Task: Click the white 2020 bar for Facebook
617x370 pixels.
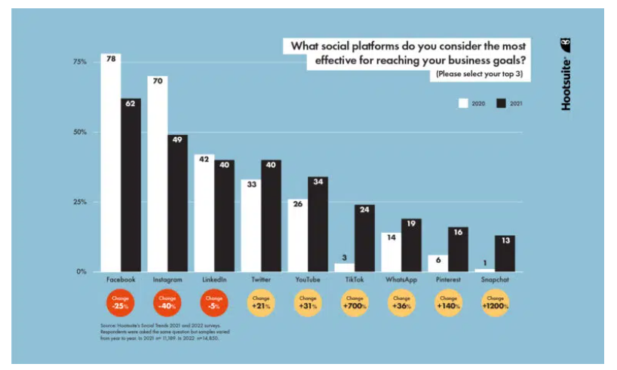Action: click(110, 166)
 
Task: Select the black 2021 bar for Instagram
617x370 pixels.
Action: click(178, 203)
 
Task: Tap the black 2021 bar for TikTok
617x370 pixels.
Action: click(364, 238)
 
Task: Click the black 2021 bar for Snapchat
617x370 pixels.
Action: click(505, 254)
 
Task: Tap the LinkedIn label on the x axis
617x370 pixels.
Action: click(214, 280)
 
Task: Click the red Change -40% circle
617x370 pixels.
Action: click(167, 303)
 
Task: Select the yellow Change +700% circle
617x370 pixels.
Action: click(355, 303)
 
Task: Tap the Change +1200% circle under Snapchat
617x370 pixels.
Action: click(495, 303)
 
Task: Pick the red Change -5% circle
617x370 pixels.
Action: click(214, 303)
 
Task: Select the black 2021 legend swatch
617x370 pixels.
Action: click(501, 102)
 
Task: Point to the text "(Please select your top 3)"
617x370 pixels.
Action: click(480, 75)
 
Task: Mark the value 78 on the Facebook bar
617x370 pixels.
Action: click(110, 57)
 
